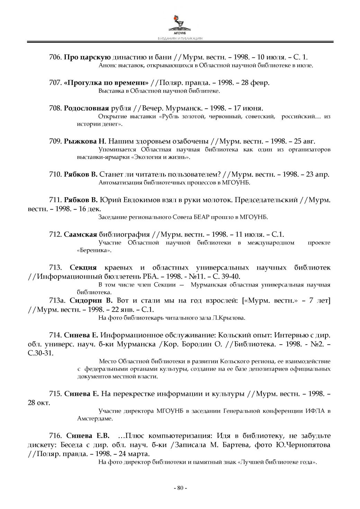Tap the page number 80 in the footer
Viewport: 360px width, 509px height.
tap(180, 488)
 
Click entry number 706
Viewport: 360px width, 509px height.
tap(55, 57)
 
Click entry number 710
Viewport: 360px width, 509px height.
tap(55, 174)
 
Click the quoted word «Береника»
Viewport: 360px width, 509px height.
tap(94, 250)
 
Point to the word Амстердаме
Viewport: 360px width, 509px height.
tap(95, 419)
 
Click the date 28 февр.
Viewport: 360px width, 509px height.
tap(255, 83)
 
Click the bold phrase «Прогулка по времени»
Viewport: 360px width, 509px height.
tap(106, 83)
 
